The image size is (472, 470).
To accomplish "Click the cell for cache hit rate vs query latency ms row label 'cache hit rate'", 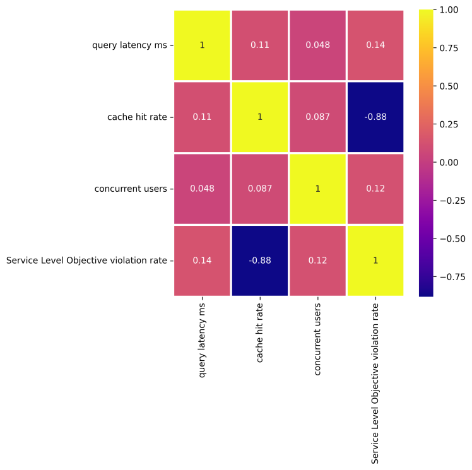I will pyautogui.click(x=202, y=117).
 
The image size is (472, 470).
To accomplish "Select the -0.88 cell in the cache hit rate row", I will pyautogui.click(x=375, y=117).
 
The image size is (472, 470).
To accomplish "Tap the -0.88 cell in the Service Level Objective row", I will pyautogui.click(x=259, y=260).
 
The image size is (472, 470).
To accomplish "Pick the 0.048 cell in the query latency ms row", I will pyautogui.click(x=317, y=45).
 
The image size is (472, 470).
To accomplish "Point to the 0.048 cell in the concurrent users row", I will pyautogui.click(x=202, y=189).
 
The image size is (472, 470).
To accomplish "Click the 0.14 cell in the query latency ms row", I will pyautogui.click(x=375, y=45).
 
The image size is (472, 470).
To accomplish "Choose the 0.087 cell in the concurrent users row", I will pyautogui.click(x=259, y=189).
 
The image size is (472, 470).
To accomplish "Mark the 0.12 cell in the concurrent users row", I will pyautogui.click(x=375, y=189).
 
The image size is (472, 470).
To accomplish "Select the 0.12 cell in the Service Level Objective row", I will pyautogui.click(x=317, y=260).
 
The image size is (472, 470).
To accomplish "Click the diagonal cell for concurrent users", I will pyautogui.click(x=317, y=189).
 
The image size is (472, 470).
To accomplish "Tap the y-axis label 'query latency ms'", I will pyautogui.click(x=129, y=45).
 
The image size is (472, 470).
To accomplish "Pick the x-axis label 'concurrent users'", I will pyautogui.click(x=317, y=341).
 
